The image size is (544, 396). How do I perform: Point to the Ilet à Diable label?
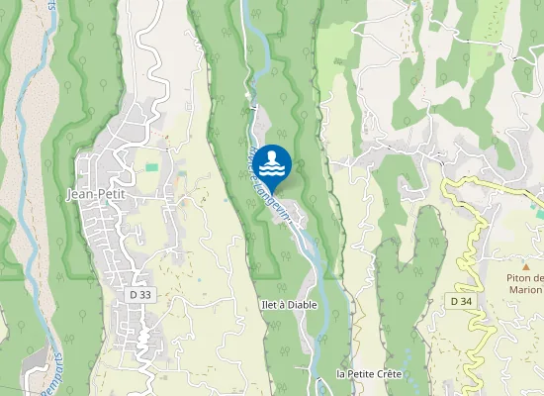(289, 305)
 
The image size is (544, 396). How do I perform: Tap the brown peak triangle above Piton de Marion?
(526, 267)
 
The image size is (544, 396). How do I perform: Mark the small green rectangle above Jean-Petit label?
(151, 167)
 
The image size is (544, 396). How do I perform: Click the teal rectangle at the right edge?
(540, 211)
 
